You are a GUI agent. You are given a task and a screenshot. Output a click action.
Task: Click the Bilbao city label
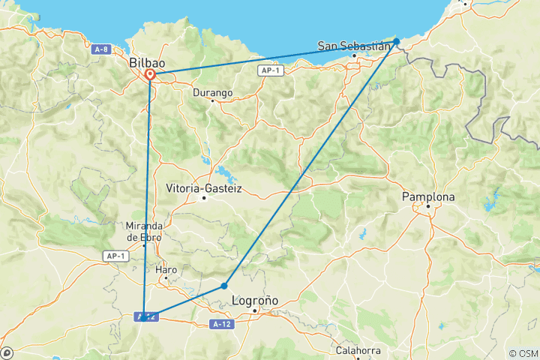(147, 63)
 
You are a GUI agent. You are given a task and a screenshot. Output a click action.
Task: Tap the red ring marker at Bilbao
(151, 74)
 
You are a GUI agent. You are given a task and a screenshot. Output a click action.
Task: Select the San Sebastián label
(355, 45)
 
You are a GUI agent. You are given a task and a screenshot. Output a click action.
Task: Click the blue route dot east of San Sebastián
(396, 41)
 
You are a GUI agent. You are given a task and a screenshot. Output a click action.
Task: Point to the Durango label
(212, 93)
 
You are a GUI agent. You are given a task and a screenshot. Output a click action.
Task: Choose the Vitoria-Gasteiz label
(204, 188)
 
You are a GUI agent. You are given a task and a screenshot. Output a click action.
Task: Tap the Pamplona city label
(429, 196)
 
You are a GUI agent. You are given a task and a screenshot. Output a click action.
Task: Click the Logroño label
(256, 300)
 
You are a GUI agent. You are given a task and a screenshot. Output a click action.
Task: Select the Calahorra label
(358, 350)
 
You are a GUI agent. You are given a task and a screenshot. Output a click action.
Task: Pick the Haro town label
(166, 269)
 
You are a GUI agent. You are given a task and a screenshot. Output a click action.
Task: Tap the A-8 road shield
(103, 49)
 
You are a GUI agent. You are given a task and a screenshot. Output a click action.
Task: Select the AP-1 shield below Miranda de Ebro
(112, 256)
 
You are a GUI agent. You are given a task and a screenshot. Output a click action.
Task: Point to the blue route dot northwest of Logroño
(224, 286)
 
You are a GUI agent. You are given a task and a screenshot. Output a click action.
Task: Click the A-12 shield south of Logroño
(220, 324)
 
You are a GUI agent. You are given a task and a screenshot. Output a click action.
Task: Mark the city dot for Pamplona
(428, 205)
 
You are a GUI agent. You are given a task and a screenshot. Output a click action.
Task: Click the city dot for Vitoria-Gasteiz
(204, 198)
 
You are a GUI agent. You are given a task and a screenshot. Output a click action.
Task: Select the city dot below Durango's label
(212, 101)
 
